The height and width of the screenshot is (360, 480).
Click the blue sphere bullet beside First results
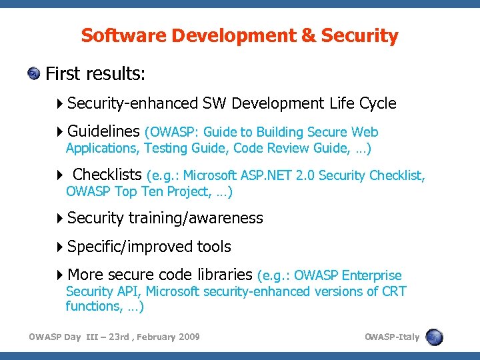(34, 73)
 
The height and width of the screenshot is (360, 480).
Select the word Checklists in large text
(107, 175)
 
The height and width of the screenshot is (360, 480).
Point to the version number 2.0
(307, 176)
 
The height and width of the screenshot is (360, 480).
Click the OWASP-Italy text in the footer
(392, 337)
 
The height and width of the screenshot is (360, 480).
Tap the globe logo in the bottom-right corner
(435, 337)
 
